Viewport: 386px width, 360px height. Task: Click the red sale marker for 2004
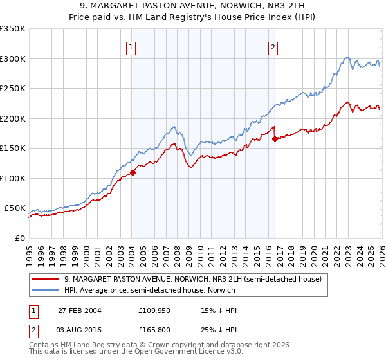pyautogui.click(x=133, y=172)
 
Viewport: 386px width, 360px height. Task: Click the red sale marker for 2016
pyautogui.click(x=275, y=139)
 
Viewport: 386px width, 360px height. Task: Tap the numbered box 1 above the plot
pyautogui.click(x=131, y=46)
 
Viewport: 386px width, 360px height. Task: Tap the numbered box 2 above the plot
pyautogui.click(x=273, y=46)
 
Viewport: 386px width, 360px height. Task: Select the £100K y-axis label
pyautogui.click(x=13, y=178)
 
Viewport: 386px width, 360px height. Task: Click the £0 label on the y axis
pyautogui.click(x=19, y=238)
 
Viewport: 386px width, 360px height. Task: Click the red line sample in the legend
pyautogui.click(x=46, y=279)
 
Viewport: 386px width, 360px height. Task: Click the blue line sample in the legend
pyautogui.click(x=46, y=290)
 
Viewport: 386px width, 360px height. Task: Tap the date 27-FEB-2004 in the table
pyautogui.click(x=79, y=310)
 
